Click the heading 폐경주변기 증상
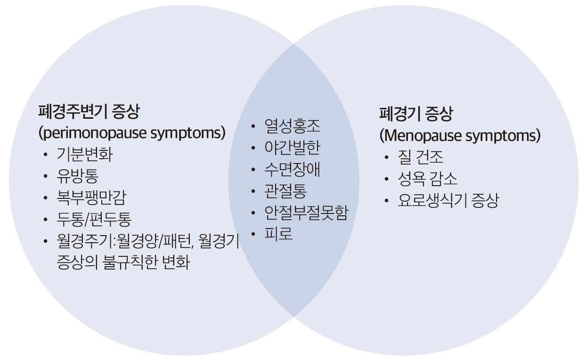[x=89, y=112]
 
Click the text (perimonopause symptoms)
[x=132, y=133]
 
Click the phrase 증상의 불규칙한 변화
[x=122, y=262]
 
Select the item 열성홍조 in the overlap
[x=292, y=126]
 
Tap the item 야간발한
[x=292, y=148]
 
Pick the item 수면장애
[x=292, y=169]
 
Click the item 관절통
[x=285, y=191]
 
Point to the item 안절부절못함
[x=306, y=213]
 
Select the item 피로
[x=278, y=234]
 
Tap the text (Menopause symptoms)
[x=460, y=136]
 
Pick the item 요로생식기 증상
[x=448, y=201]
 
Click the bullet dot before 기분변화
[x=45, y=155]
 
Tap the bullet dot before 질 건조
[x=387, y=158]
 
